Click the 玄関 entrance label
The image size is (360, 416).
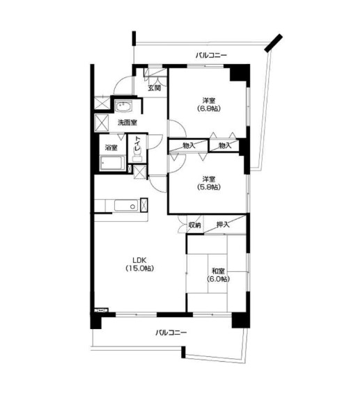click(x=155, y=88)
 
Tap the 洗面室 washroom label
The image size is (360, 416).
click(x=127, y=122)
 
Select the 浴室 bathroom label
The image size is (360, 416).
click(x=111, y=147)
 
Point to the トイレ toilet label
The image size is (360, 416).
click(x=137, y=145)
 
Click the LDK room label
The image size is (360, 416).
click(x=140, y=259)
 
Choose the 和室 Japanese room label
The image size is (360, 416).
click(x=218, y=271)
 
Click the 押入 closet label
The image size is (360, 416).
click(x=223, y=225)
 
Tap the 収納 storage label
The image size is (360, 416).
click(x=194, y=225)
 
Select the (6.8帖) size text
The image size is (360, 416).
click(x=209, y=109)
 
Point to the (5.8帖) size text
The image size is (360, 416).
click(x=209, y=187)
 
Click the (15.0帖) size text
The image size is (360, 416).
click(x=140, y=269)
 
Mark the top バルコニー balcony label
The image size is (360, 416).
click(x=211, y=56)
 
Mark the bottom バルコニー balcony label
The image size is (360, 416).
click(x=171, y=333)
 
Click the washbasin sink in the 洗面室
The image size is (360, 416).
click(x=123, y=107)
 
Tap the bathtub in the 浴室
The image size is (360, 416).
click(x=112, y=163)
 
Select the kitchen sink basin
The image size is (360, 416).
click(x=126, y=206)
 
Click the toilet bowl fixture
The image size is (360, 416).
click(x=137, y=157)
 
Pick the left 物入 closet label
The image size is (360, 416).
click(x=189, y=145)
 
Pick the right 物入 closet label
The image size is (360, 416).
click(x=225, y=145)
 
